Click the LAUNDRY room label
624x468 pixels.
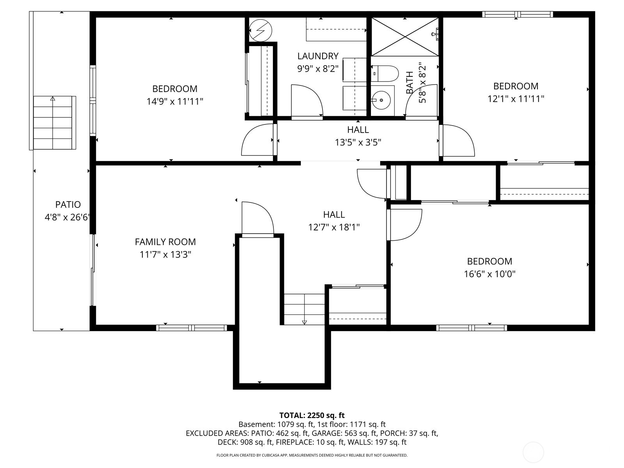(317, 56)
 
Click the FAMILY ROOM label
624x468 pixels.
(165, 242)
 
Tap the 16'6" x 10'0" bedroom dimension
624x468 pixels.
(489, 274)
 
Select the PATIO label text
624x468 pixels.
(68, 204)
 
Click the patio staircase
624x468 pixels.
(53, 122)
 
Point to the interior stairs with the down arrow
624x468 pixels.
(304, 309)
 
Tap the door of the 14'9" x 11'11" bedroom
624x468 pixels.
(257, 140)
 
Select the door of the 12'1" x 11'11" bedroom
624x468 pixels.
(457, 140)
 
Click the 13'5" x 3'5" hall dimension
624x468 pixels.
(358, 142)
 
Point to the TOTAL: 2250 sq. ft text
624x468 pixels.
(312, 415)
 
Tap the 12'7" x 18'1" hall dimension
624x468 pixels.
(333, 227)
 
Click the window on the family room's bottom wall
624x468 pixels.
(191, 328)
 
